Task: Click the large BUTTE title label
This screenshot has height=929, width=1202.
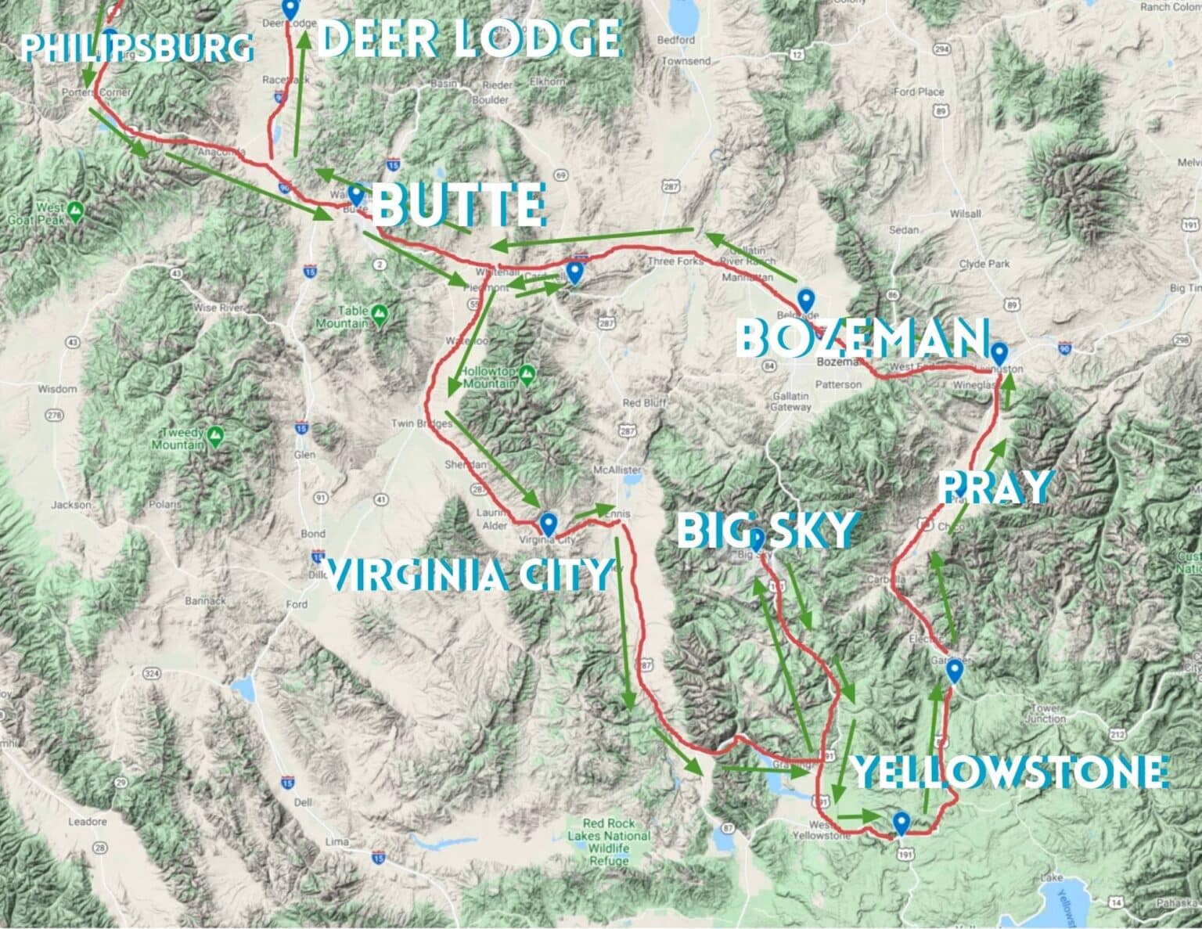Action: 458,205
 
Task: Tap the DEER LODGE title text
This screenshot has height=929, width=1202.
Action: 470,38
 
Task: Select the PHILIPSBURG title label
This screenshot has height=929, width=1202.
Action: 137,48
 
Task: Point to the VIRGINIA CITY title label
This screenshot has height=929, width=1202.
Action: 467,575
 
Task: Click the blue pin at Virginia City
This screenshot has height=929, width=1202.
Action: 548,523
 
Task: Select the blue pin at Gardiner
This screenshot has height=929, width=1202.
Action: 953,671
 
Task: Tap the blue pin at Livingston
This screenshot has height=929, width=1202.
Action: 999,353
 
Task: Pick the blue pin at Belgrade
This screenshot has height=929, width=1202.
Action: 805,299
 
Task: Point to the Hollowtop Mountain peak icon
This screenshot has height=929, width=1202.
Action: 527,372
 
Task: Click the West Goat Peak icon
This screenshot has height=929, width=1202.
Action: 75,210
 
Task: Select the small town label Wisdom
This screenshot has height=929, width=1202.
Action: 57,389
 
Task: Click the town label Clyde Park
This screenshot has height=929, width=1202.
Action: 983,264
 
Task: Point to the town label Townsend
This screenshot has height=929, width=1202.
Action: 686,61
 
